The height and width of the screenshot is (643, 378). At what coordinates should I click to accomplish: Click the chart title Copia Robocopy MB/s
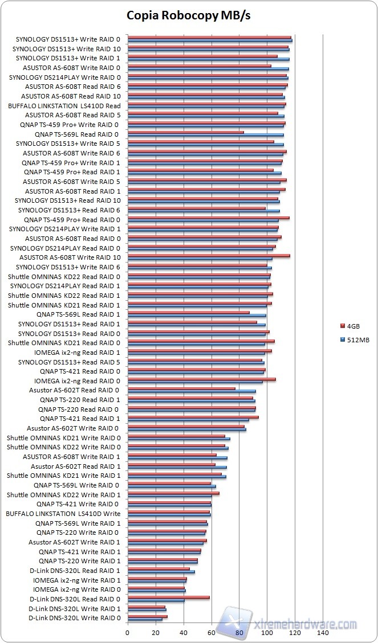(189, 15)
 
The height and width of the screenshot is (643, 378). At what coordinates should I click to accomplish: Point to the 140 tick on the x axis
(323, 632)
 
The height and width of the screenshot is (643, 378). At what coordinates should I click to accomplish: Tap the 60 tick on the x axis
(211, 632)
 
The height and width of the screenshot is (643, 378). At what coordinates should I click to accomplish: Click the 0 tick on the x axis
(127, 632)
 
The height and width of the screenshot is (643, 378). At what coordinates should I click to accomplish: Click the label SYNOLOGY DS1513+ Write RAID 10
(66, 49)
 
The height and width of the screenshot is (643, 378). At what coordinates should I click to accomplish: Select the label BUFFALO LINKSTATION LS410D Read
(64, 106)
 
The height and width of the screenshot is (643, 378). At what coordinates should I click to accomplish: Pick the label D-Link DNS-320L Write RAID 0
(74, 618)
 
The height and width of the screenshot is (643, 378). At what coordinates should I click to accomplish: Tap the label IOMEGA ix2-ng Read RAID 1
(77, 353)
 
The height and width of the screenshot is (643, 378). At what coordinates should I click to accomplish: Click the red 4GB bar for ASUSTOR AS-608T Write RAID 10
(209, 256)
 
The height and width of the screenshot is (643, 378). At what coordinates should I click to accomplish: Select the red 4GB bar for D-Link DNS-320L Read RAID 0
(168, 597)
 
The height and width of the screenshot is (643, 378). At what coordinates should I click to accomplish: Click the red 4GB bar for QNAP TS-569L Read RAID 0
(185, 133)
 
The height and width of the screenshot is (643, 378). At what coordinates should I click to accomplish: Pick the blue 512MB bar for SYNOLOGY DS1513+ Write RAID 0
(209, 40)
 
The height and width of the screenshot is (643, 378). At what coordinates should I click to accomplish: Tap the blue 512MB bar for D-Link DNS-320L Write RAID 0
(145, 619)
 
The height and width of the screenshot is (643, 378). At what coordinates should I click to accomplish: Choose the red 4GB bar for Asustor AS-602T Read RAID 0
(181, 389)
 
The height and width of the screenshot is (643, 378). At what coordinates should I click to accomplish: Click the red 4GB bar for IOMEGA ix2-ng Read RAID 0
(201, 379)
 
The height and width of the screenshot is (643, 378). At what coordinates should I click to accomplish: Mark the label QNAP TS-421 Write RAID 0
(78, 504)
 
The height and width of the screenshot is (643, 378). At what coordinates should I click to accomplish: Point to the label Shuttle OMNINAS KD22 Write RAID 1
(63, 494)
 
